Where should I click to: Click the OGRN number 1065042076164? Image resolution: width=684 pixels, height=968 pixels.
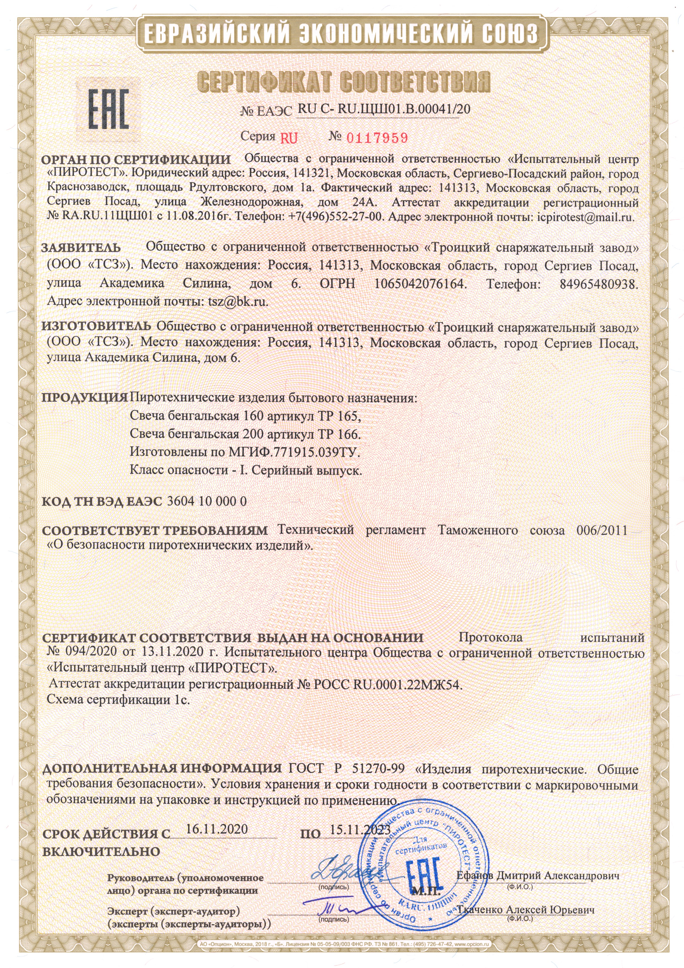[420, 283]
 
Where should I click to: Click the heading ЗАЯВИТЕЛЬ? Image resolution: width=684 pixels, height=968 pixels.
[81, 248]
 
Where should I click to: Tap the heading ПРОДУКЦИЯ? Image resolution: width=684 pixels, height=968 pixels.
[84, 398]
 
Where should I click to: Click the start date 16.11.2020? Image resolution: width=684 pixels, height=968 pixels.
[217, 828]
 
